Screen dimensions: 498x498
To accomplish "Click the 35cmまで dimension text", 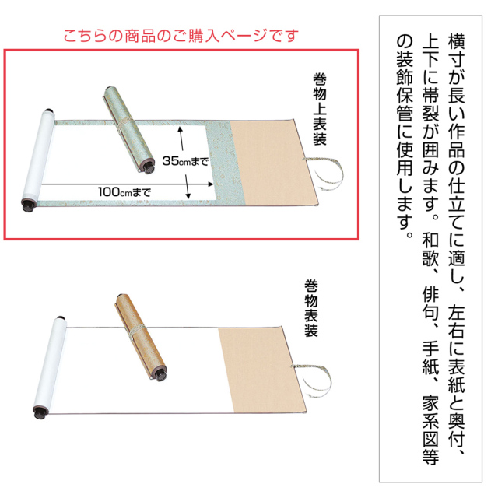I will coord(181,160).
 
